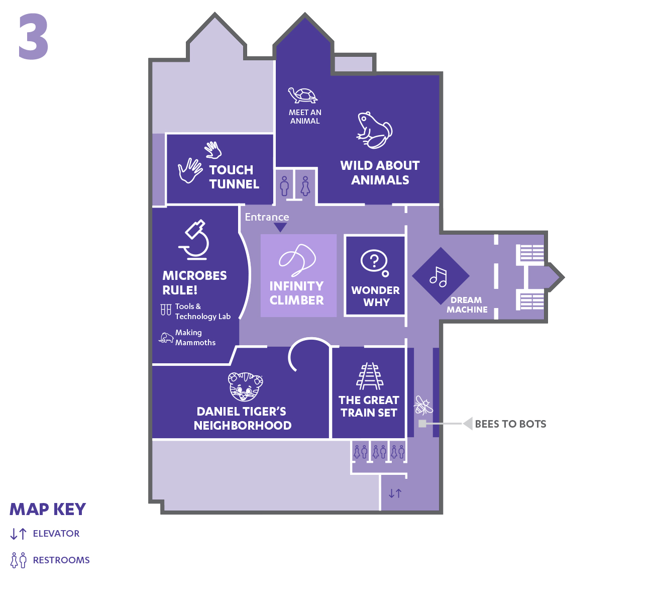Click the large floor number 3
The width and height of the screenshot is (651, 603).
click(34, 36)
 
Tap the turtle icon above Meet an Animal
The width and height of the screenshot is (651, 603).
click(302, 95)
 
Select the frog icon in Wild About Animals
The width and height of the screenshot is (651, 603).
click(374, 130)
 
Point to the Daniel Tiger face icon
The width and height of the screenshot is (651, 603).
click(246, 387)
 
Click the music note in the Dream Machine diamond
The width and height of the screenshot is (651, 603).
click(439, 276)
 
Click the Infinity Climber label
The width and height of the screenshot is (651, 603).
click(297, 293)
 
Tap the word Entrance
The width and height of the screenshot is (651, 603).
click(267, 217)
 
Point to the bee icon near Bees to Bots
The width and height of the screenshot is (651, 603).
click(423, 405)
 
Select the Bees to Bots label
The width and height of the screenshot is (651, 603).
click(510, 424)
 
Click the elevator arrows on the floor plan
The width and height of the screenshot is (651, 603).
click(395, 493)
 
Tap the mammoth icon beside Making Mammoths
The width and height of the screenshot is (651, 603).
click(166, 338)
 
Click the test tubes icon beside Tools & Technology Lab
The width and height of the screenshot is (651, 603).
click(166, 310)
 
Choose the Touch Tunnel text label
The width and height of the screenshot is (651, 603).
click(234, 177)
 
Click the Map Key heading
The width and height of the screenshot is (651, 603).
click(48, 510)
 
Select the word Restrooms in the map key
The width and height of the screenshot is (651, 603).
click(61, 560)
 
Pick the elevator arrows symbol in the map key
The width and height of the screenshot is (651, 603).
click(19, 534)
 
